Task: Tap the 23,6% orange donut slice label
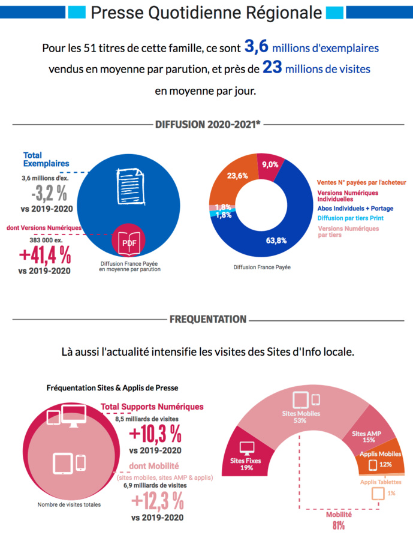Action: pos(238,176)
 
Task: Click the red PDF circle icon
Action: pos(128,242)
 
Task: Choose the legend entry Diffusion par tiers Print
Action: pos(351,218)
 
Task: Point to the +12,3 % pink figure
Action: pos(157,500)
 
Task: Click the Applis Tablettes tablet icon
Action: pos(378,493)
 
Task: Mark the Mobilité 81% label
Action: pos(338,520)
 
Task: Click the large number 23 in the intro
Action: pos(272,68)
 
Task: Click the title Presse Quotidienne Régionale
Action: pos(207,11)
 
